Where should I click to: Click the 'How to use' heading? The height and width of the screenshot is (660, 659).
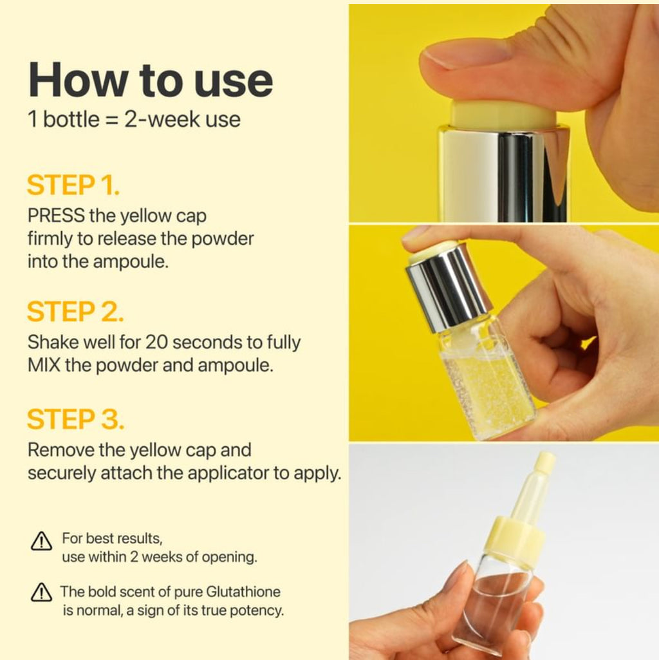coord(151,80)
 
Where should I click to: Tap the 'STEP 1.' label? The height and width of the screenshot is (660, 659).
coord(73,185)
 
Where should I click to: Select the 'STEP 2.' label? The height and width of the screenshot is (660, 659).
coord(75,312)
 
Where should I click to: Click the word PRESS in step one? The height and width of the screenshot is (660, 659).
coord(55,216)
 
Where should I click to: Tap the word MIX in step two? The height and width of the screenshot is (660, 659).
coord(43,365)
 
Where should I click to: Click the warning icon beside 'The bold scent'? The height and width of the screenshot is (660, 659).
coord(41,592)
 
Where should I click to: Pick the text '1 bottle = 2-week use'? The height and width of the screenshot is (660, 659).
coord(134,120)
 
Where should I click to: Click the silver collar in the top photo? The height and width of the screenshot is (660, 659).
coord(503,173)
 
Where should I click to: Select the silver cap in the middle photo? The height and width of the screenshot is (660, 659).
coord(448,287)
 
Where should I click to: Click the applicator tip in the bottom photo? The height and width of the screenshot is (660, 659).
coord(544,462)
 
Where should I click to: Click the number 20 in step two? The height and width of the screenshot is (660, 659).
coord(156,342)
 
